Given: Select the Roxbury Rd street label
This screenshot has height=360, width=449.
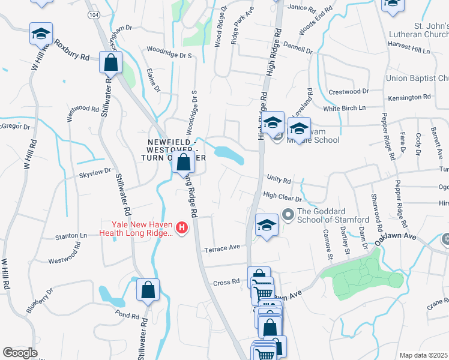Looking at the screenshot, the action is (72, 50).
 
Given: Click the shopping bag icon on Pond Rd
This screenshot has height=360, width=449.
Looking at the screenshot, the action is (148, 290).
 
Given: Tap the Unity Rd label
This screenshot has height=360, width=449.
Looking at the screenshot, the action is (279, 180).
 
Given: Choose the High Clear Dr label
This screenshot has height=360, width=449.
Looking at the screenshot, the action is (282, 195).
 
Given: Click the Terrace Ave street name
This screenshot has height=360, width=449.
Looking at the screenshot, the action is (221, 247).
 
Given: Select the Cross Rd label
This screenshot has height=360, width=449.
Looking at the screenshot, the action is (226, 282).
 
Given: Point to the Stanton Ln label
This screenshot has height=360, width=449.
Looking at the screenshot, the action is (71, 236).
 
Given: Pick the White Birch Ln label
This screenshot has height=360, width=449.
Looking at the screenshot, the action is (345, 108).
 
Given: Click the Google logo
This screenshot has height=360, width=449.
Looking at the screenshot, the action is (20, 352).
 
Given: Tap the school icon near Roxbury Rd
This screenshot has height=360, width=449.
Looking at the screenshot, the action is (41, 34).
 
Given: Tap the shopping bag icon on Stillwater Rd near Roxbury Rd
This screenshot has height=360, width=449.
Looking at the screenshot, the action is (110, 62).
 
